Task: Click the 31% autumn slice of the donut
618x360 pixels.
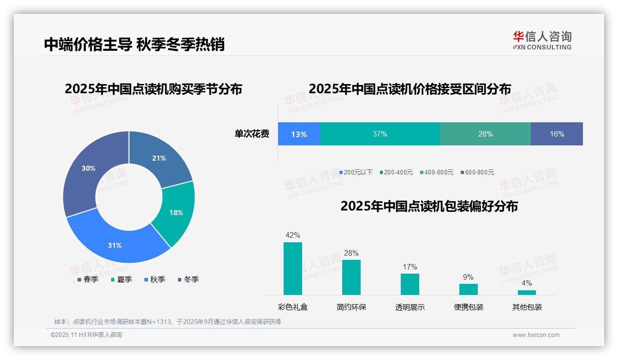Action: coord(115,245)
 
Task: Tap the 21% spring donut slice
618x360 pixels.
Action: coord(159,158)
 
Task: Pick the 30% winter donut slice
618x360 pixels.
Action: coord(88,168)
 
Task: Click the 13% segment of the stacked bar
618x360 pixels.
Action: coord(299,134)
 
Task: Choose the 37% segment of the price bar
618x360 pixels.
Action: coord(380,134)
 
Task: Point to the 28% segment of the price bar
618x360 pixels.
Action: coord(485,134)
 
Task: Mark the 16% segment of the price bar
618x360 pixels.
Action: coord(557,134)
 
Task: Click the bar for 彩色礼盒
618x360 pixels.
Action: coord(292,268)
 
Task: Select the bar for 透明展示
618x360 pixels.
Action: coord(410,284)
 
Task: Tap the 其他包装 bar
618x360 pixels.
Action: coord(527,292)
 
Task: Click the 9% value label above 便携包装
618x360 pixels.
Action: coord(468,277)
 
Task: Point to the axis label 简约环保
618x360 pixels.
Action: coord(351,307)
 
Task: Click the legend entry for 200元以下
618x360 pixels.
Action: coord(356,172)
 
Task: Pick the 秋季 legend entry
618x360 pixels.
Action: coord(154,279)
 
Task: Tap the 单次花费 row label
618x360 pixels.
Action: coord(252,134)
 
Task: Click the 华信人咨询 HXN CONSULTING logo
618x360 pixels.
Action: coord(542,41)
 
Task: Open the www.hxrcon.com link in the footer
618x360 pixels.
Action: coord(536,335)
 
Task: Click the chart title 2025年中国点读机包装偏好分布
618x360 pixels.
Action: coord(429,206)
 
